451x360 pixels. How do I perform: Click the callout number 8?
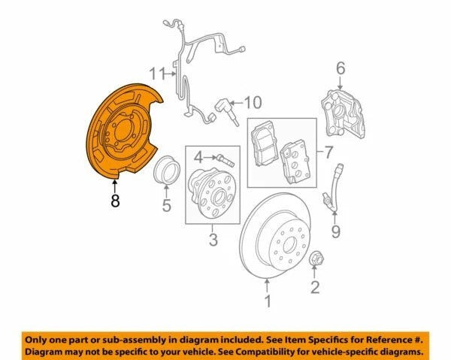click(x=115, y=201)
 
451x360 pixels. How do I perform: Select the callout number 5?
click(x=167, y=205)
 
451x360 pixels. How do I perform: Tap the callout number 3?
click(x=213, y=239)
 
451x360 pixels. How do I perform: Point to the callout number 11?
click(x=157, y=74)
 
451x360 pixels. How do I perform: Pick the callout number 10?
click(x=253, y=102)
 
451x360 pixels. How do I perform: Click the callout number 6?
click(x=341, y=68)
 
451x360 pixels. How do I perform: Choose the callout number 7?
click(x=328, y=152)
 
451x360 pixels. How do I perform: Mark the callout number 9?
click(x=336, y=231)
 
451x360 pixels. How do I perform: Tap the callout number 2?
click(x=315, y=287)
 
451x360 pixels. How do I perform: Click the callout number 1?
click(x=268, y=301)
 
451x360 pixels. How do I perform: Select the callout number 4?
click(x=198, y=157)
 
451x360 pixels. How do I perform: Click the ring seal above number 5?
click(x=167, y=170)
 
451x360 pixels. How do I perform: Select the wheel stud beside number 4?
click(x=226, y=160)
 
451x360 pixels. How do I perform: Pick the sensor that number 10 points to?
click(x=227, y=111)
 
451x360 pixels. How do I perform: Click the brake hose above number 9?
click(x=334, y=187)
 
